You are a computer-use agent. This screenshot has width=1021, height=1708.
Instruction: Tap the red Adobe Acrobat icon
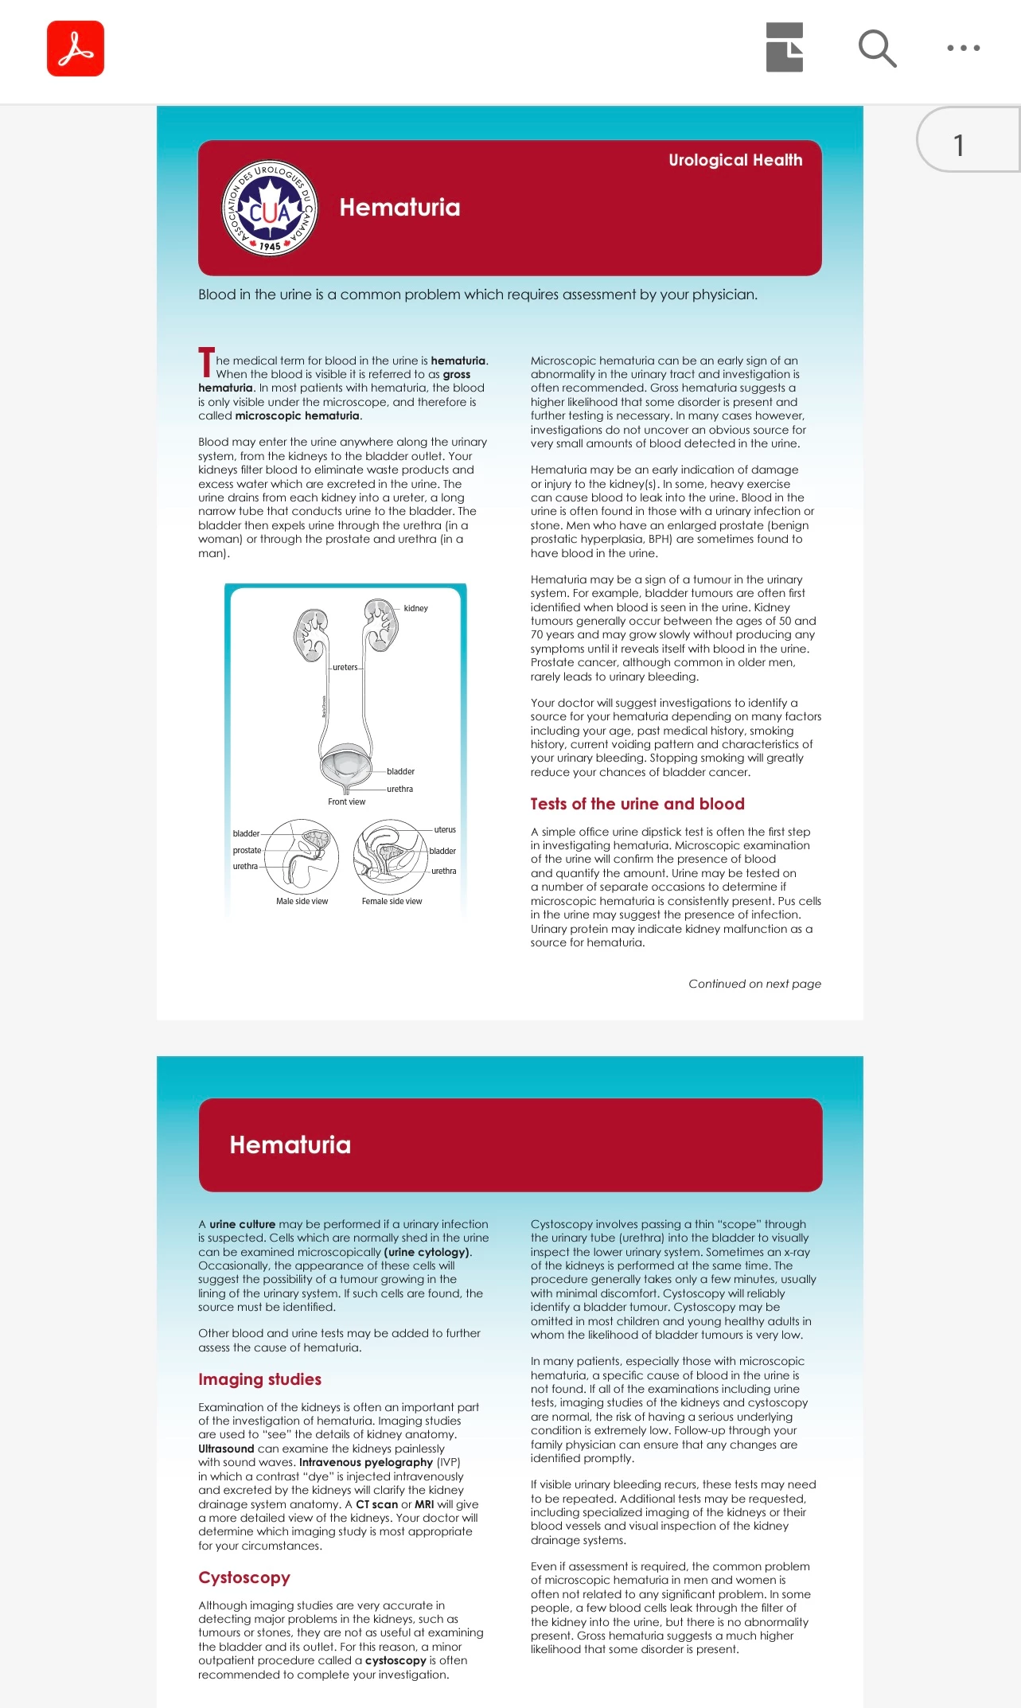(x=76, y=49)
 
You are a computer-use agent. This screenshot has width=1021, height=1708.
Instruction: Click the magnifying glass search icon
(x=877, y=49)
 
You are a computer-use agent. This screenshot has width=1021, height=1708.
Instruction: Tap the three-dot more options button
(x=963, y=49)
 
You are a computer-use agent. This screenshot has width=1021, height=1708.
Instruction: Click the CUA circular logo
(x=270, y=209)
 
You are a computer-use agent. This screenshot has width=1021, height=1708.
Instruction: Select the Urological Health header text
(x=735, y=160)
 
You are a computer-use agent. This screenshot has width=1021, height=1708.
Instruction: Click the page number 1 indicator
(x=960, y=145)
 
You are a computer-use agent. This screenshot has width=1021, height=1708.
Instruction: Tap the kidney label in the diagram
(x=415, y=608)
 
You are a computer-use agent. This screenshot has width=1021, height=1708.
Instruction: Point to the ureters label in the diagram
(x=345, y=667)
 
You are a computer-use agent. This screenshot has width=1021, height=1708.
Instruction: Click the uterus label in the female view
(x=445, y=829)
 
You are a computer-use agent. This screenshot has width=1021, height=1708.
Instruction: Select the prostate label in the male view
(x=247, y=850)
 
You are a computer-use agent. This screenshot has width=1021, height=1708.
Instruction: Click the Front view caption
(x=346, y=801)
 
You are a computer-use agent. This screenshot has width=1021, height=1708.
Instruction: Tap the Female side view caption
(x=392, y=901)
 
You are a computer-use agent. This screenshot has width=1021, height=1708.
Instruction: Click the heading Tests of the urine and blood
(x=637, y=804)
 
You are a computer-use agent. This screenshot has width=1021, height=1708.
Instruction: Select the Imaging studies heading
(x=259, y=1379)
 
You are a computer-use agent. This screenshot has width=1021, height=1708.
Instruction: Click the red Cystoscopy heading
(x=244, y=1577)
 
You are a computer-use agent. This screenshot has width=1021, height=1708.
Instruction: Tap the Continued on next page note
(x=754, y=984)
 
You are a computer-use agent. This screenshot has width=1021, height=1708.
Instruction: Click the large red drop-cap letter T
(x=206, y=362)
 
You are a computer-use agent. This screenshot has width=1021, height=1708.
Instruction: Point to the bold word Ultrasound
(x=226, y=1449)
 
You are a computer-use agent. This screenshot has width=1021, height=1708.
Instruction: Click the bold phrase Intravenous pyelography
(x=366, y=1462)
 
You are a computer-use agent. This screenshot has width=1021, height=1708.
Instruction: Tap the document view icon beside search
(x=784, y=49)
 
